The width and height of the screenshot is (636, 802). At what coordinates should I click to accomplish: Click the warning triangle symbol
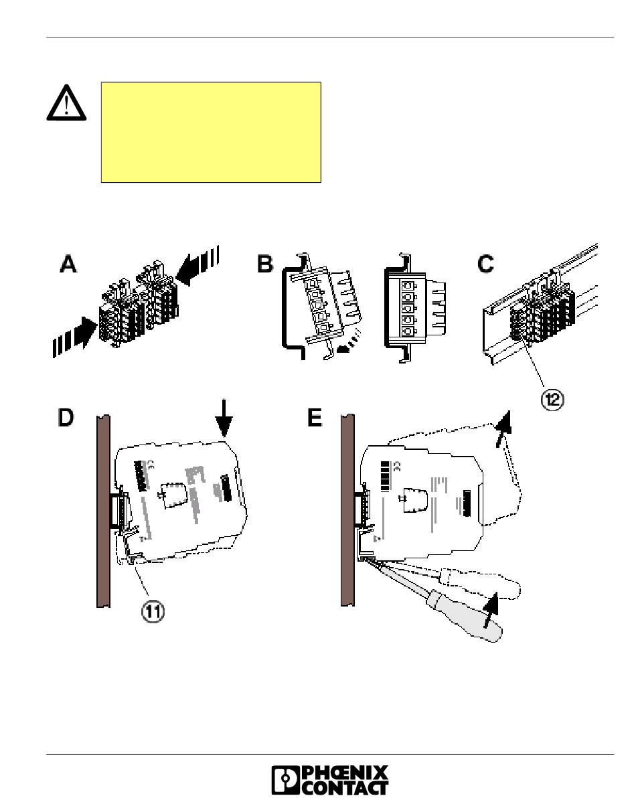pyautogui.click(x=66, y=103)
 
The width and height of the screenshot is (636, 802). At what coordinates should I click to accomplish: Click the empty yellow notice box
pyautogui.click(x=211, y=132)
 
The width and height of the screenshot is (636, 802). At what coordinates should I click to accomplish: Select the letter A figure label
pyautogui.click(x=68, y=264)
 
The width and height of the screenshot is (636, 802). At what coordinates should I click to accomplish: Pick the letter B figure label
pyautogui.click(x=265, y=264)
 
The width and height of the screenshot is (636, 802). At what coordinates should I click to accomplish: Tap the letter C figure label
pyautogui.click(x=485, y=264)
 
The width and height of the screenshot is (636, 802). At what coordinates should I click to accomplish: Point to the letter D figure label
pyautogui.click(x=66, y=418)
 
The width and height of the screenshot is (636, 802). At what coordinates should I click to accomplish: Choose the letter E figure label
pyautogui.click(x=315, y=418)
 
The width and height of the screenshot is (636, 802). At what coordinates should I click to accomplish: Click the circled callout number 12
pyautogui.click(x=552, y=400)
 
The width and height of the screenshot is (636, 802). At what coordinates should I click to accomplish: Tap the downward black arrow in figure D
pyautogui.click(x=224, y=418)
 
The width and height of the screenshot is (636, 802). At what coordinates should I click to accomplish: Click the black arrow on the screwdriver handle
pyautogui.click(x=490, y=609)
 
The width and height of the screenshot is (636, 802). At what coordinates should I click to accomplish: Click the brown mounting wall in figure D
pyautogui.click(x=103, y=511)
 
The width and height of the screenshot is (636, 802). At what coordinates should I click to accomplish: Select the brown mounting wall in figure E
pyautogui.click(x=348, y=511)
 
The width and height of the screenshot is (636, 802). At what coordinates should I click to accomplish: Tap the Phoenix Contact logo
pyautogui.click(x=329, y=780)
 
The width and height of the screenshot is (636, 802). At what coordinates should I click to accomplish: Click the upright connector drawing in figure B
pyautogui.click(x=414, y=308)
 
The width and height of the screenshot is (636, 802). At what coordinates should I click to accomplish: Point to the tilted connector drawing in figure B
pyautogui.click(x=321, y=306)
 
